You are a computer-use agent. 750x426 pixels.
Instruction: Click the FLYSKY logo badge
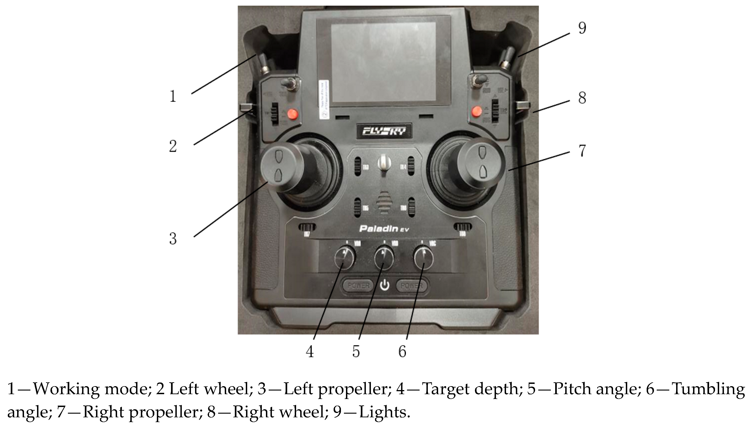(x=384, y=131)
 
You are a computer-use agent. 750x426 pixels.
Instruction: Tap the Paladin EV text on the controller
(x=384, y=228)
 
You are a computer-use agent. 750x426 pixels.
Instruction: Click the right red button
(x=477, y=111)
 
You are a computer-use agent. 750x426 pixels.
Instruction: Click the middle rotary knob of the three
(x=384, y=258)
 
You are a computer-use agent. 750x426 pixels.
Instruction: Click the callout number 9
(x=582, y=28)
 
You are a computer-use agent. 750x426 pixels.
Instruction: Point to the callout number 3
(x=173, y=239)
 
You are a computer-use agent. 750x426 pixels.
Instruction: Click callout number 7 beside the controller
(x=582, y=151)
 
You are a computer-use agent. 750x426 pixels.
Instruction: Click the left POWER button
(x=359, y=285)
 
